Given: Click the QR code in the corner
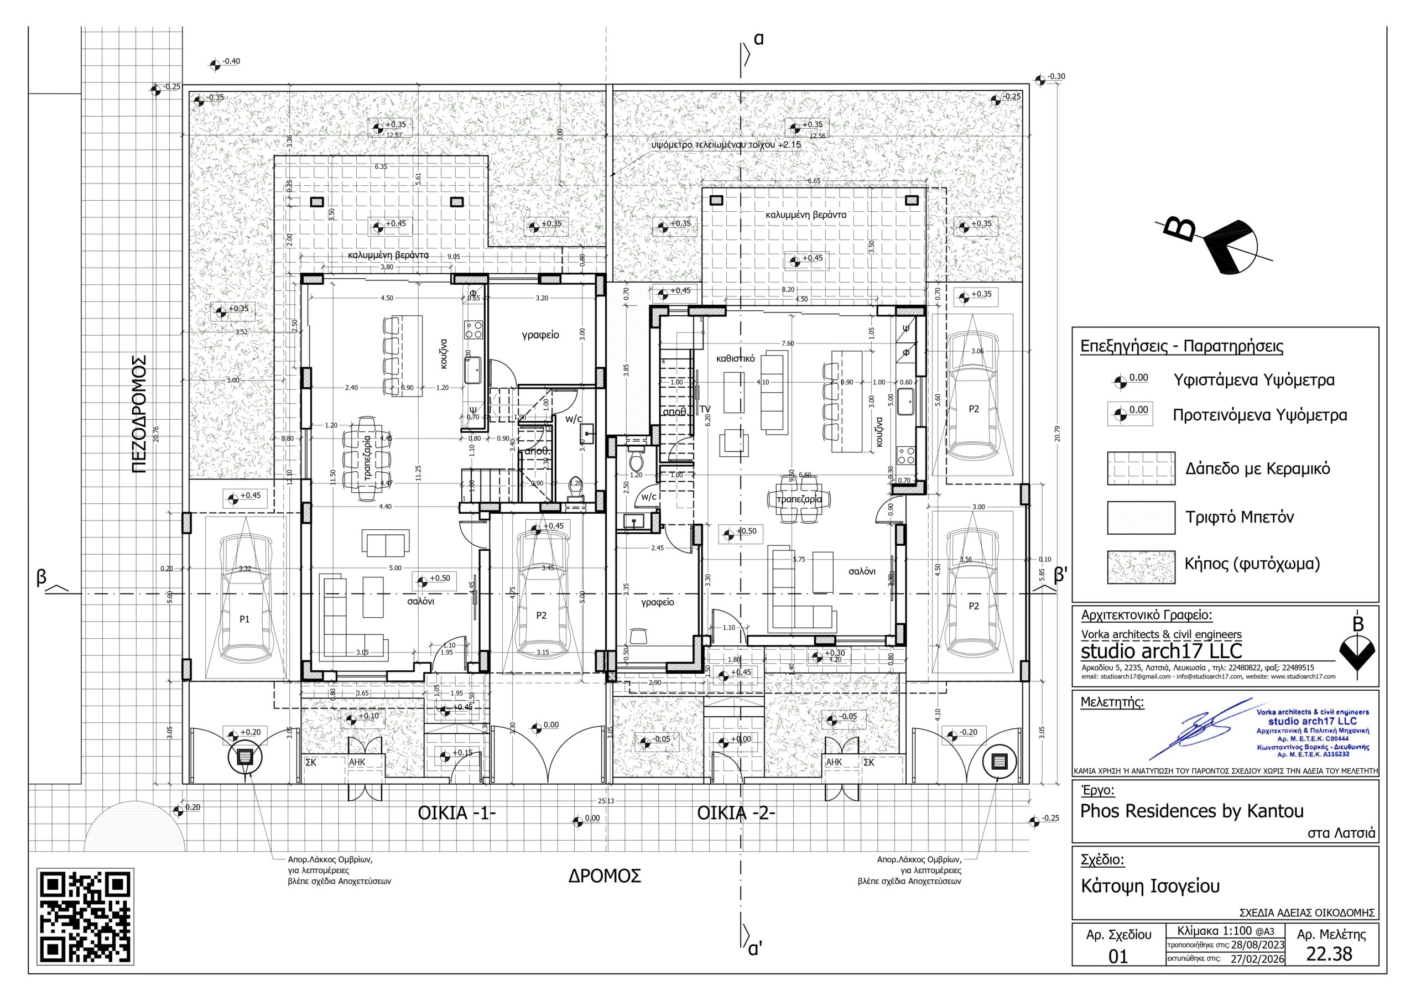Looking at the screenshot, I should click(86, 916).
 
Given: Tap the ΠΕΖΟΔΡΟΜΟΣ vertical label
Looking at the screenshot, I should click(139, 414).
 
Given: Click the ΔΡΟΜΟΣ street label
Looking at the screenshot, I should click(605, 876).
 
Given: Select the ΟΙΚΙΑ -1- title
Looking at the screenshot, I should click(457, 814).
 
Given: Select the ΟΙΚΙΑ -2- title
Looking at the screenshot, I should click(736, 814).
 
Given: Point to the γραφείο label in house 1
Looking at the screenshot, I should click(540, 335).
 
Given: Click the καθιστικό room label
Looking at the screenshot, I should click(735, 358).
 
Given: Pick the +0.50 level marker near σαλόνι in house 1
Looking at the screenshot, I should click(434, 580).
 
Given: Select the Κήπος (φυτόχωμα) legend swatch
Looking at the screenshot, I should click(1141, 567).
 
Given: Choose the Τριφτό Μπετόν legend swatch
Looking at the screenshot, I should click(1141, 518).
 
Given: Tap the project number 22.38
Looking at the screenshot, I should click(1329, 954).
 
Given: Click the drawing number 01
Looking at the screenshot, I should click(1117, 957).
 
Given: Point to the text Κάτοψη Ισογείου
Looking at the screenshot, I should click(1150, 887).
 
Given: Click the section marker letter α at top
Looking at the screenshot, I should click(758, 39).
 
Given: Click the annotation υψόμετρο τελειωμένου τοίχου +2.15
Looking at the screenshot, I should click(726, 145).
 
